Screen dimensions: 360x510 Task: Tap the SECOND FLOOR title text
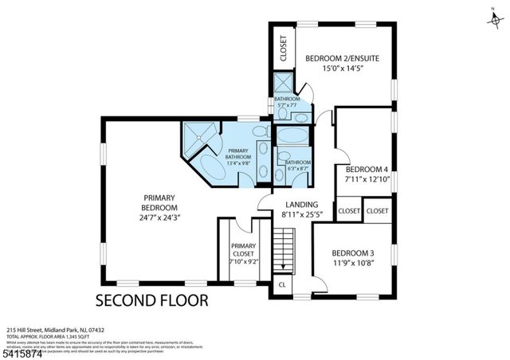(151, 301)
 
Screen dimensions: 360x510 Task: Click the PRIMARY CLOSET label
(243, 250)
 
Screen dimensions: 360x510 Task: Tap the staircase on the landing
(284, 247)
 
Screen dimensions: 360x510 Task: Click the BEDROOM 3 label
(353, 253)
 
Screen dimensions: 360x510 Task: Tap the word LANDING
(300, 204)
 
